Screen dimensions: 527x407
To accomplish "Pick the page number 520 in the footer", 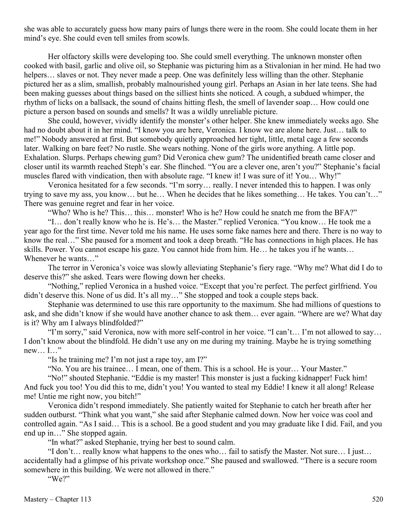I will click(x=377, y=499).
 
